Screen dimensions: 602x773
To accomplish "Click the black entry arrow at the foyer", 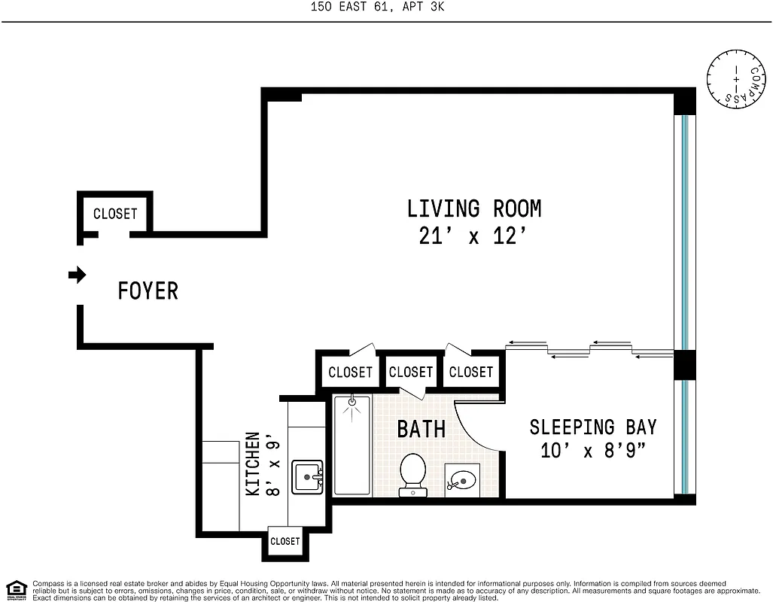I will pyautogui.click(x=77, y=275).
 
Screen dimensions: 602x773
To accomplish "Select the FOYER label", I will pyautogui.click(x=148, y=290).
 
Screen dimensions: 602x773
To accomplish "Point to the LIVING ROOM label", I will pyautogui.click(x=473, y=208).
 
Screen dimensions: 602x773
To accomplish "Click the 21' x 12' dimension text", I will pyautogui.click(x=471, y=236).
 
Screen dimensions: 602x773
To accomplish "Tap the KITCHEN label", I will pyautogui.click(x=253, y=463).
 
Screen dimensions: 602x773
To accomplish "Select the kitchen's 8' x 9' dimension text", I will pyautogui.click(x=274, y=463).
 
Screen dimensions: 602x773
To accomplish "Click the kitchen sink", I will pyautogui.click(x=307, y=477).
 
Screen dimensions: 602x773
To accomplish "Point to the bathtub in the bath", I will pyautogui.click(x=352, y=445).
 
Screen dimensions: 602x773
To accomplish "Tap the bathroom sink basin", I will pyautogui.click(x=463, y=479).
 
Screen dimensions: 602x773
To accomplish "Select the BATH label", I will pyautogui.click(x=421, y=429).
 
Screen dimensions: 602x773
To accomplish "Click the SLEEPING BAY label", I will pyautogui.click(x=592, y=427).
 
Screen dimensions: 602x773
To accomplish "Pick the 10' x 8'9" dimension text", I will pyautogui.click(x=592, y=451).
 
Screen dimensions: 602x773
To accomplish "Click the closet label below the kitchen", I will pyautogui.click(x=285, y=541).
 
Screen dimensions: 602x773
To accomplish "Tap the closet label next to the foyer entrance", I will pyautogui.click(x=115, y=214).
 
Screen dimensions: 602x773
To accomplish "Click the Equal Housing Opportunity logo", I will pyautogui.click(x=16, y=589).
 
